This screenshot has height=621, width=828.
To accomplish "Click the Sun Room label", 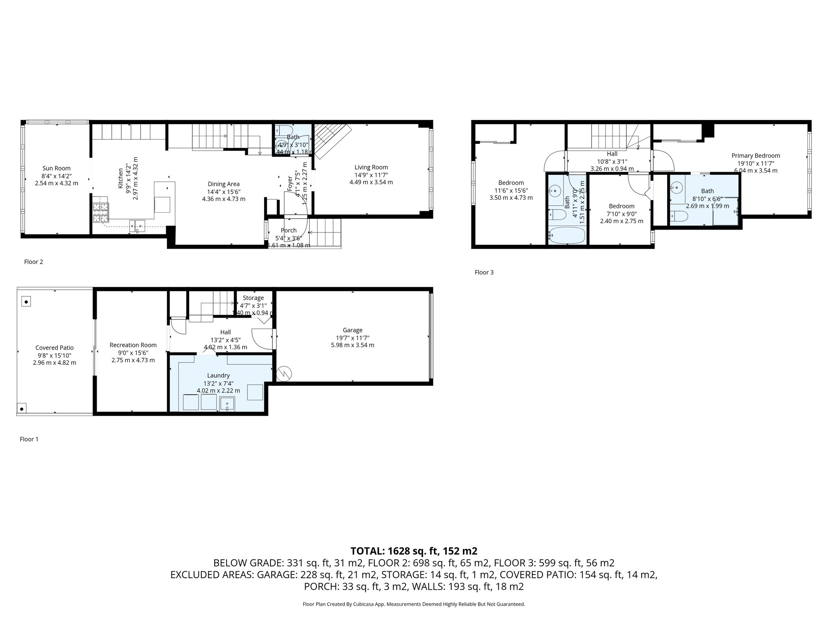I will tap(57, 168).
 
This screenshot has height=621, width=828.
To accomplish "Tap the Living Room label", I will tap(371, 167).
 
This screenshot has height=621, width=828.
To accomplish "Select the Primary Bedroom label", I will tap(755, 156).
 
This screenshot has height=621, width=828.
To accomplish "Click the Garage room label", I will tap(352, 330).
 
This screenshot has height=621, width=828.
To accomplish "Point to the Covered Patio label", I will tap(55, 348).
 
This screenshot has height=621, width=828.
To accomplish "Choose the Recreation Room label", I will tap(133, 345).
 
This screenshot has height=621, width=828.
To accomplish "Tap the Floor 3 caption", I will tap(484, 272).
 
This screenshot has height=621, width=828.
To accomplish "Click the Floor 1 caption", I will tap(29, 439).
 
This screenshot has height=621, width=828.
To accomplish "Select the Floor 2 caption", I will tap(34, 262).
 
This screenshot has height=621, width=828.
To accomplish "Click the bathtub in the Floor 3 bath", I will tap(566, 235).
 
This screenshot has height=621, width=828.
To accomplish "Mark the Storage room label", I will tap(253, 298).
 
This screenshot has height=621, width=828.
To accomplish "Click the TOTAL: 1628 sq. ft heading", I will tap(414, 551).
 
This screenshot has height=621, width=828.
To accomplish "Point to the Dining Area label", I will tap(224, 184).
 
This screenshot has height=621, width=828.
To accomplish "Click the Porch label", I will tap(289, 230).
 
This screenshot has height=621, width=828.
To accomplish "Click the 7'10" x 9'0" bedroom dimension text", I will tap(621, 214).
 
